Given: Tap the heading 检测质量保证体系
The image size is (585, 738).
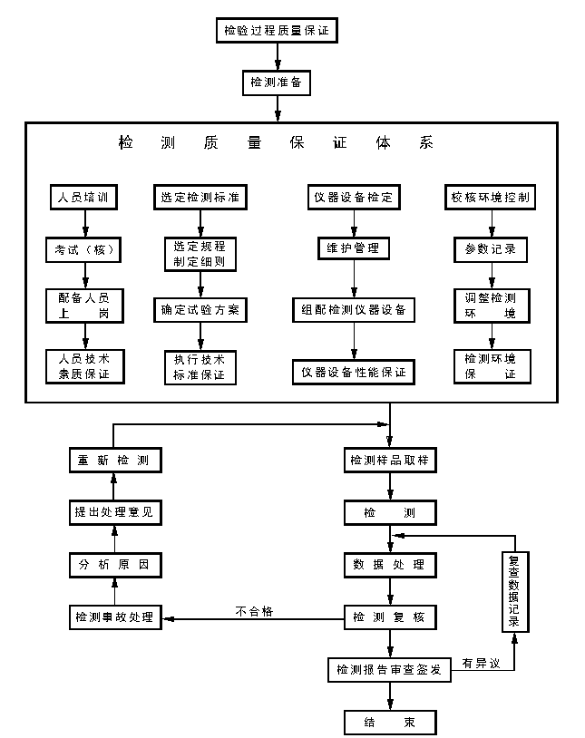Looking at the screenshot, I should click(x=276, y=142).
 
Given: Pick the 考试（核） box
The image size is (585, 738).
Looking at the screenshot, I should click(x=83, y=248).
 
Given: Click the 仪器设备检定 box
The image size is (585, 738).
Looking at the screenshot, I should click(x=354, y=197).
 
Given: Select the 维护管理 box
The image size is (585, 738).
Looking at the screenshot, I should click(x=353, y=248).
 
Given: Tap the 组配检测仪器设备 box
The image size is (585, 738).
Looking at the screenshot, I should click(x=353, y=309).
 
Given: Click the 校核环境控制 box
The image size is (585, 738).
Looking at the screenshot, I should click(x=491, y=197).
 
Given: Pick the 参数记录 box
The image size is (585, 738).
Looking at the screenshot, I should click(x=491, y=248).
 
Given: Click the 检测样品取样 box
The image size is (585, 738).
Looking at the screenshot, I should click(x=389, y=460).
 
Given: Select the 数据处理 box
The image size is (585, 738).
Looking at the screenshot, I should click(x=389, y=565).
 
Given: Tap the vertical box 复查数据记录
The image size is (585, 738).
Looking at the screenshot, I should click(x=515, y=593).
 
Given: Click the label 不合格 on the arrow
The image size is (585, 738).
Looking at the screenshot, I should click(x=254, y=611).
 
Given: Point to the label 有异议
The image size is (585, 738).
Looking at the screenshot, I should click(x=480, y=663).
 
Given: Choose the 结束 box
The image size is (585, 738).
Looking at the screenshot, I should click(x=389, y=723).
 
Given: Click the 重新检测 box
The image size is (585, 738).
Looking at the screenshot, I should click(x=114, y=460).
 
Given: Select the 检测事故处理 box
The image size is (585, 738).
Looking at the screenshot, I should click(x=114, y=618).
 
